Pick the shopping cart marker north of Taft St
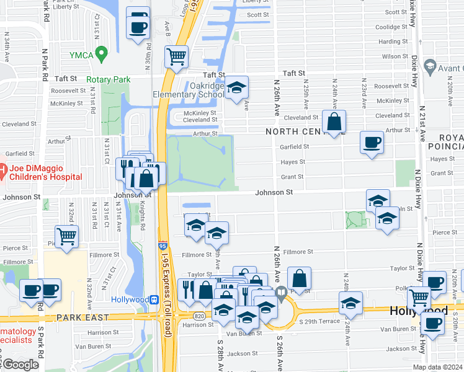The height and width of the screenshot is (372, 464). click(x=177, y=56)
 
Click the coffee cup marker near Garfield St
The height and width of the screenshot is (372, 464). click(x=372, y=143)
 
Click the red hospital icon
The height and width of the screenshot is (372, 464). click(x=3, y=169)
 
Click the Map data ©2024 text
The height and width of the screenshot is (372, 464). click(x=437, y=367)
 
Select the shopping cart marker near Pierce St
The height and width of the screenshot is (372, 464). click(x=66, y=236)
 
